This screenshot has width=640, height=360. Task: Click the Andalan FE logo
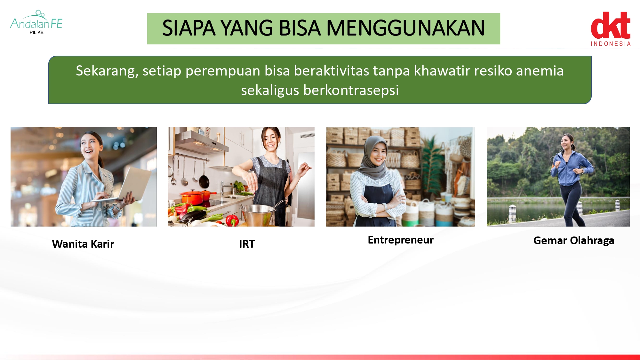click(x=36, y=22)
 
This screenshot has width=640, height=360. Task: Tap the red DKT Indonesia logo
click(x=611, y=29)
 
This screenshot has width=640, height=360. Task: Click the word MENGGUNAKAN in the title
click(x=405, y=28)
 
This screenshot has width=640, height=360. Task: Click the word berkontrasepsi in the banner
click(x=351, y=91)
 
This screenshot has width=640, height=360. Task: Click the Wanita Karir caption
click(x=83, y=244)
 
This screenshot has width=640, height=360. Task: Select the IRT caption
click(x=247, y=244)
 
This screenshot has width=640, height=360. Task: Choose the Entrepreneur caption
click(x=401, y=240)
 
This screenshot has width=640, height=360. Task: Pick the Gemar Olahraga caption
click(x=574, y=241)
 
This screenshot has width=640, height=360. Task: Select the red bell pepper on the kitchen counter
click(x=232, y=220)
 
